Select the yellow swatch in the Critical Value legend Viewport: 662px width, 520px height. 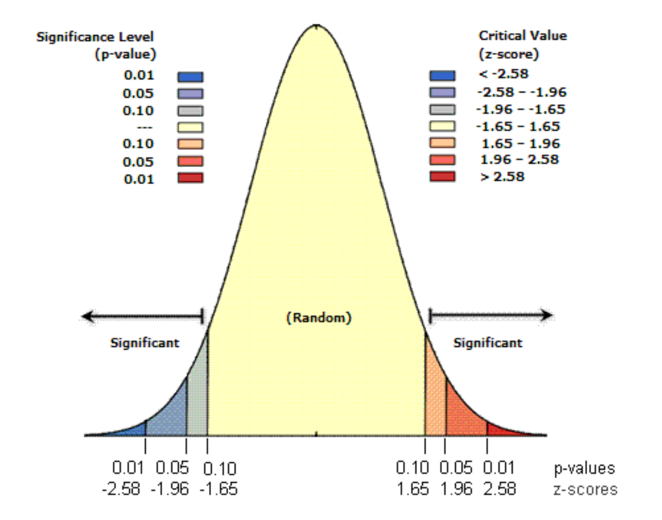[x=443, y=126]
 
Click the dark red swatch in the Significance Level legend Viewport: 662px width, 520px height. [x=191, y=178]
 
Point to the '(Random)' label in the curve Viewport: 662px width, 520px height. [x=318, y=317]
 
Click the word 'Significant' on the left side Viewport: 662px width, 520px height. [x=145, y=343]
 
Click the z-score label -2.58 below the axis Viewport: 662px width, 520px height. [x=122, y=488]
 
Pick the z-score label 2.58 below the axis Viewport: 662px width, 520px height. [x=499, y=488]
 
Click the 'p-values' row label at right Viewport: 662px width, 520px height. [x=583, y=469]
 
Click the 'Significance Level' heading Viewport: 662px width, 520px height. [x=95, y=37]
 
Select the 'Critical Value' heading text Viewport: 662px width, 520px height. [x=522, y=36]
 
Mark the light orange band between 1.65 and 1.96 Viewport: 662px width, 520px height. [x=434, y=396]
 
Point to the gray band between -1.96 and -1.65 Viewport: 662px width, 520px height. [x=197, y=396]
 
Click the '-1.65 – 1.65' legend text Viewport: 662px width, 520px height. [x=517, y=126]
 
